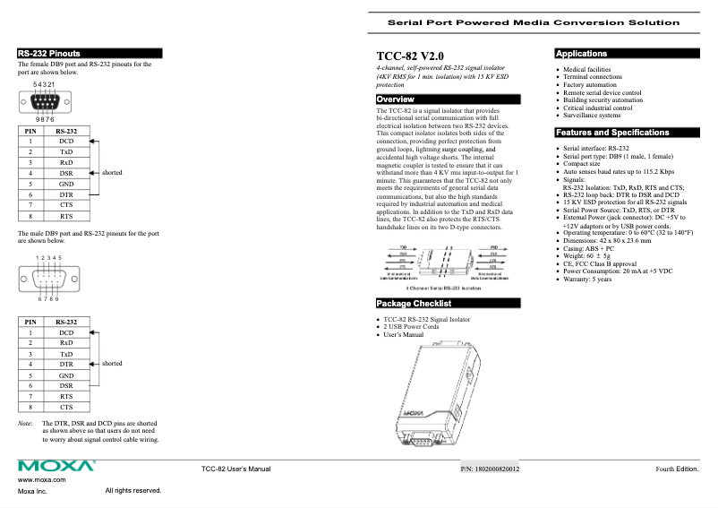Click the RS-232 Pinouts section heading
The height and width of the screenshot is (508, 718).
pyautogui.click(x=49, y=54)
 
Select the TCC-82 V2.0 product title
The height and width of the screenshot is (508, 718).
pyautogui.click(x=409, y=56)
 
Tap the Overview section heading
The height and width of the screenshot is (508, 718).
pyautogui.click(x=395, y=99)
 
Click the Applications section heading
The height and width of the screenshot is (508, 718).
pyautogui.click(x=581, y=54)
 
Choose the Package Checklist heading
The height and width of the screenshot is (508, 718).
pyautogui.click(x=413, y=304)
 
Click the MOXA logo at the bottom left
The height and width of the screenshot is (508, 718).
pyautogui.click(x=56, y=466)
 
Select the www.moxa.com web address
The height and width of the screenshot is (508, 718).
pyautogui.click(x=41, y=481)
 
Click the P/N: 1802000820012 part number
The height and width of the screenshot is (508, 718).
pyautogui.click(x=490, y=469)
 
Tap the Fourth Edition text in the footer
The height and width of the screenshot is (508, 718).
pyautogui.click(x=676, y=469)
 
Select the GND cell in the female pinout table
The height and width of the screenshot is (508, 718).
pyautogui.click(x=66, y=184)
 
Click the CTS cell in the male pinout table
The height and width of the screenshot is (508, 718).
pyautogui.click(x=66, y=407)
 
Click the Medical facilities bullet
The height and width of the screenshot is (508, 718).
pyautogui.click(x=586, y=69)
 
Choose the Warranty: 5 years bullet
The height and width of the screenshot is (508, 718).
pyautogui.click(x=586, y=280)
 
